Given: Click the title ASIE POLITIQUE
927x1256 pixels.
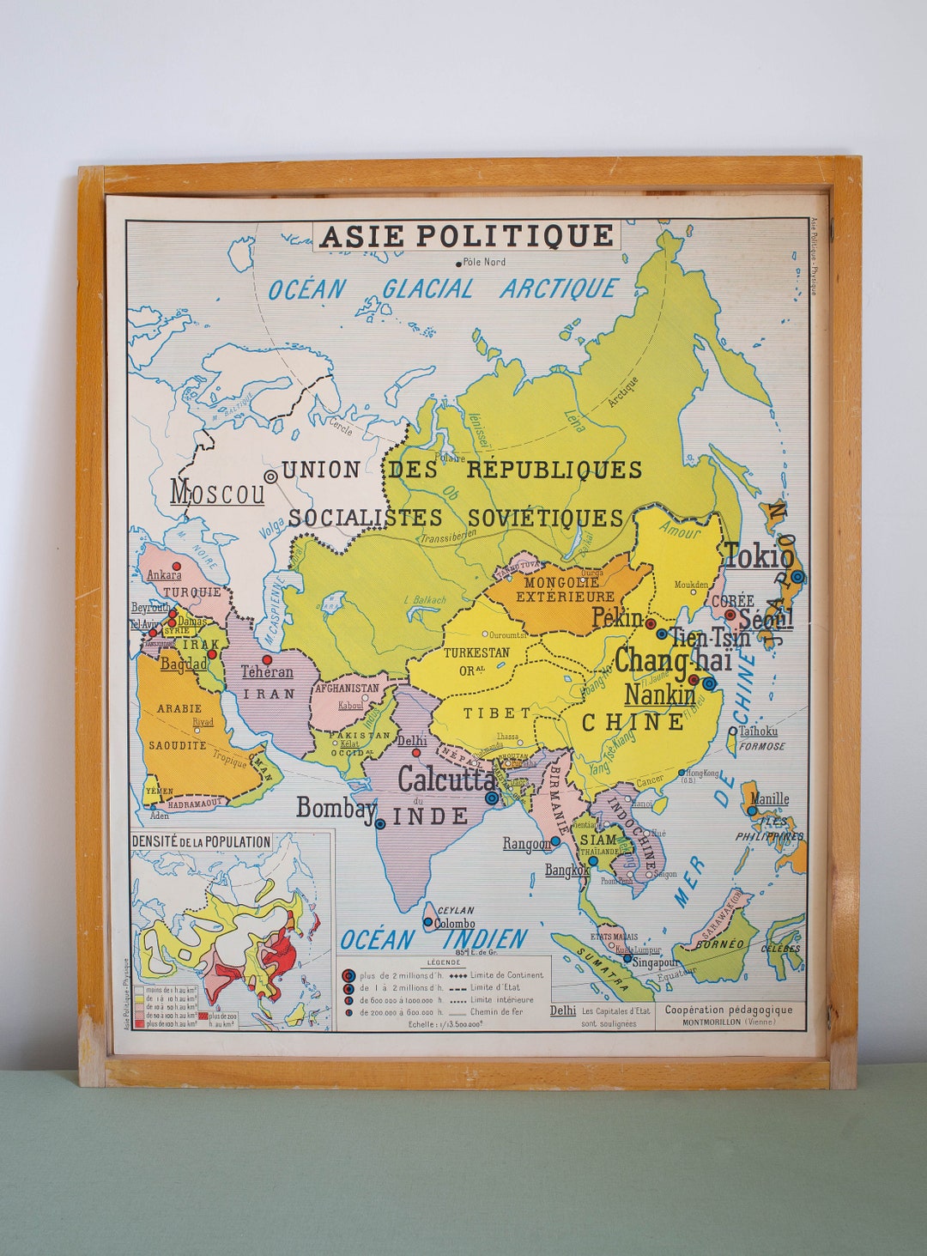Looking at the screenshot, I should click(467, 235).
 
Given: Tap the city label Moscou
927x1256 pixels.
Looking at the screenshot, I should click(217, 492).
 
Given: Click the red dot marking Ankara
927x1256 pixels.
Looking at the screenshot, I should click(176, 566).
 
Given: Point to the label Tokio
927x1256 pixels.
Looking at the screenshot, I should click(759, 555).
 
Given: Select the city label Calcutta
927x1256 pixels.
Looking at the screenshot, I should click(446, 779).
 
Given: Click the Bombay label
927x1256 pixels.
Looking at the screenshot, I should click(336, 807).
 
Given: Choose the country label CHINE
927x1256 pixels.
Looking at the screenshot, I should click(633, 722).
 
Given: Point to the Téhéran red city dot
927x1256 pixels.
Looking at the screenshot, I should click(267, 659).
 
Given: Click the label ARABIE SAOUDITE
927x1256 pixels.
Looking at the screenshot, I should click(179, 726).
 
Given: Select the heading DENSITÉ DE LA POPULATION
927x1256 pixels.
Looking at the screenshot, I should click(201, 842).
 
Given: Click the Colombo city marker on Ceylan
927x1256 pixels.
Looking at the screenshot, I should click(427, 923).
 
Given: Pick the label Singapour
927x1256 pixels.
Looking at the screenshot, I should click(655, 962).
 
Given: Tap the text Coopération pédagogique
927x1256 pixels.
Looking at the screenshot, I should click(729, 1010).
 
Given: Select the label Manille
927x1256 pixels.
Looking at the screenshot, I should click(769, 799).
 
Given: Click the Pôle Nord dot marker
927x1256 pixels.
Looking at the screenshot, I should click(457, 262).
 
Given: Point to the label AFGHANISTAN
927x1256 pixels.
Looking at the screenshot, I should click(347, 688).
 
